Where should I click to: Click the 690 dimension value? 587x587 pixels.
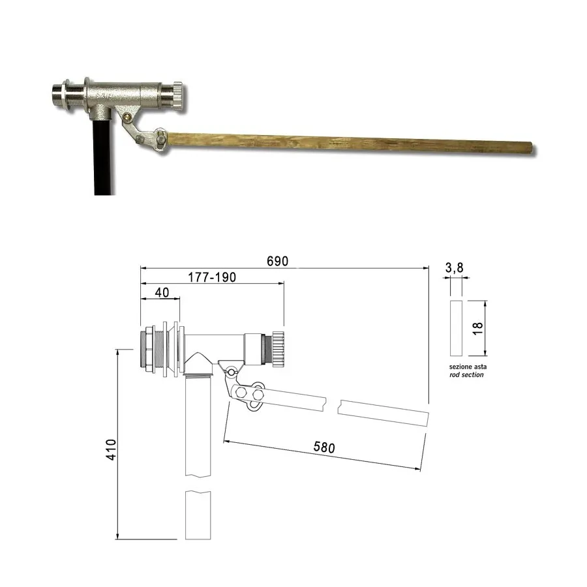pos(277,261)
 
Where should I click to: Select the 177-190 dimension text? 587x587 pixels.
pos(212,277)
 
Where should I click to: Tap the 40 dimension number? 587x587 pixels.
pos(162,292)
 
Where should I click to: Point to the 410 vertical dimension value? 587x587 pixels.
pos(111,449)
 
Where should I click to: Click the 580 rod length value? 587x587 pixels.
pos(324,447)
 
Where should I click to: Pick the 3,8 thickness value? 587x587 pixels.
pos(454,267)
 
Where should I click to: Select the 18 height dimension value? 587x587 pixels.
pos(477,328)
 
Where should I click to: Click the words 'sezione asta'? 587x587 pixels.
pos(468,367)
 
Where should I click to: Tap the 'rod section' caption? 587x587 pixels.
pos(466,375)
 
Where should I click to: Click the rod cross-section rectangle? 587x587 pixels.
pos(456,328)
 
